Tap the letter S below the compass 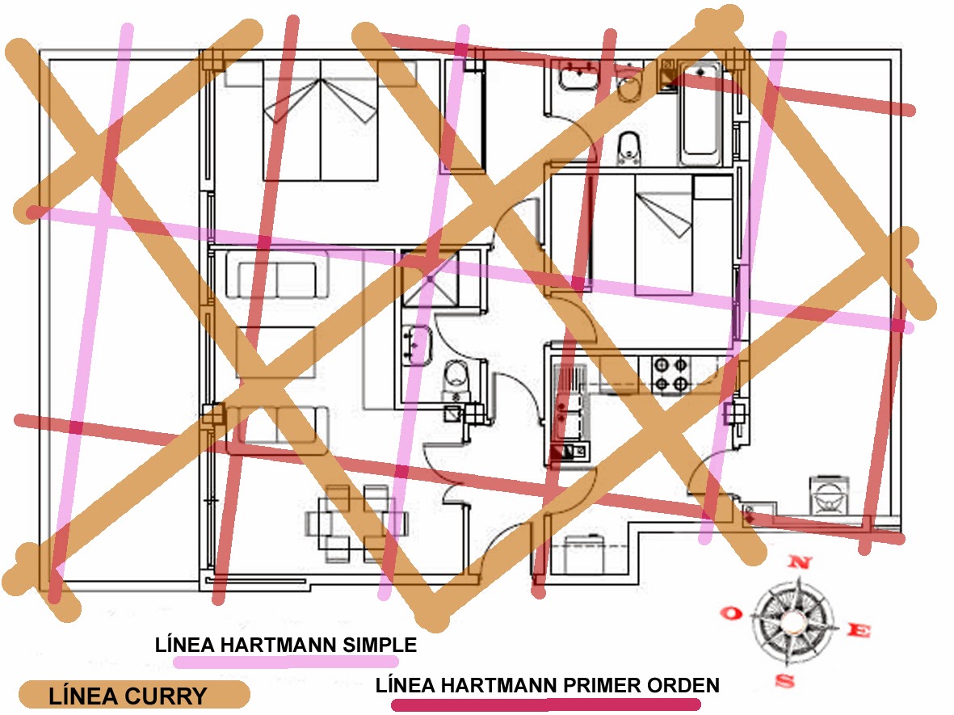pos(785,679)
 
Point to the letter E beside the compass pos(859,630)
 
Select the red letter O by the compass pos(731,612)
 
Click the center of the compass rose pos(791,621)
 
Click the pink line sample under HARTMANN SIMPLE pos(286,662)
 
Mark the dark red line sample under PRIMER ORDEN pos(546,704)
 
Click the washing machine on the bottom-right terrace pos(829,495)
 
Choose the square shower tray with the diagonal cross pos(430,280)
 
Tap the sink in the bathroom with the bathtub pos(578,75)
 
